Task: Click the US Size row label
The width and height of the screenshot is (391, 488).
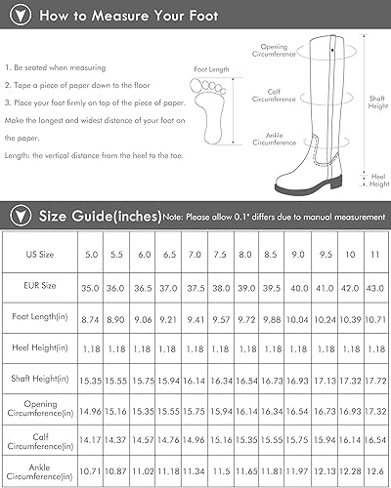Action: tap(39, 255)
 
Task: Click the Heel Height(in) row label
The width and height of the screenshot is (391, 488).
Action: tap(39, 348)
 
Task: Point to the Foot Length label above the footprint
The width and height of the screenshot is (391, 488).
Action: tap(212, 70)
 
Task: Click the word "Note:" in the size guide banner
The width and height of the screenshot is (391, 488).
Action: tap(173, 215)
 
